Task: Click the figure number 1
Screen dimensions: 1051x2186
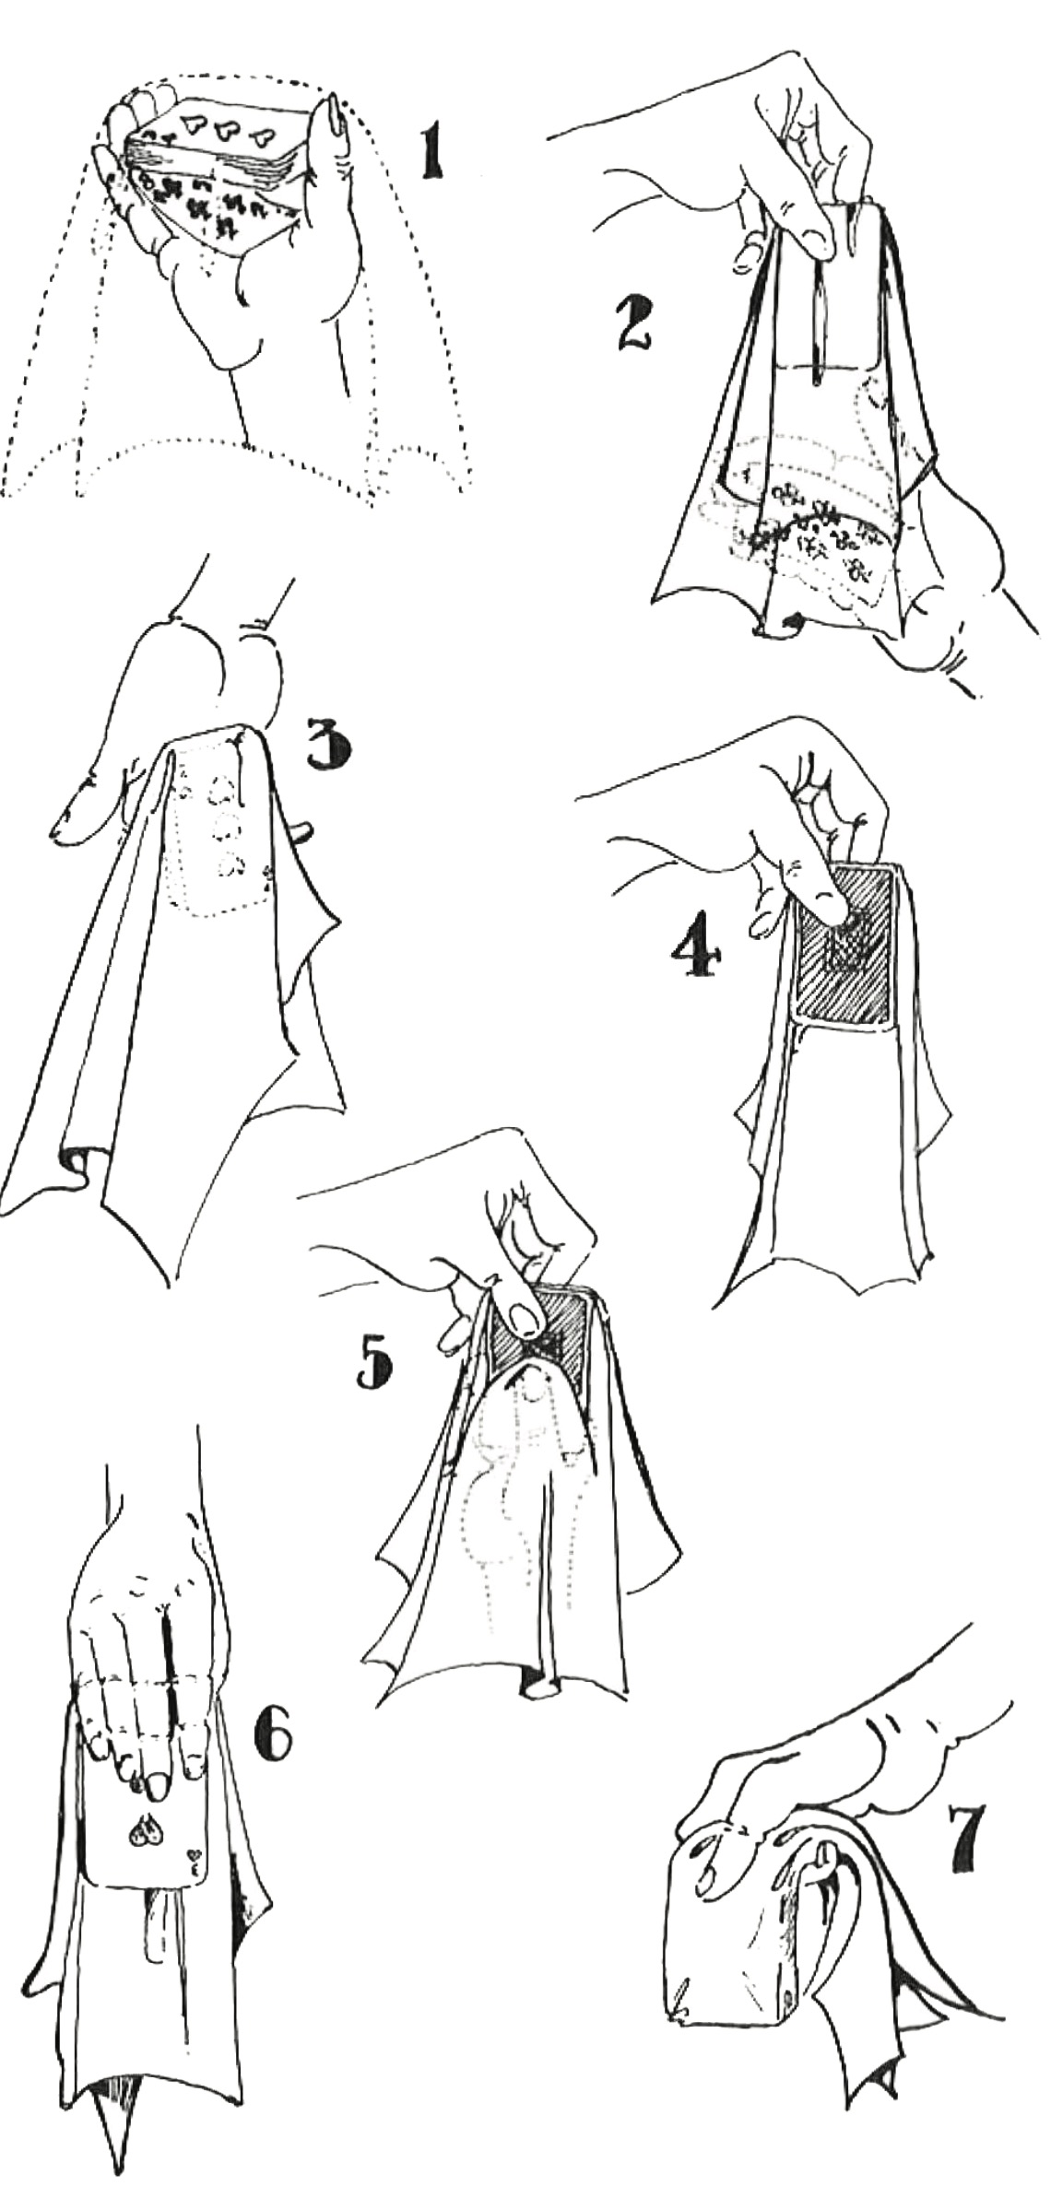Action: pyautogui.click(x=430, y=152)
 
